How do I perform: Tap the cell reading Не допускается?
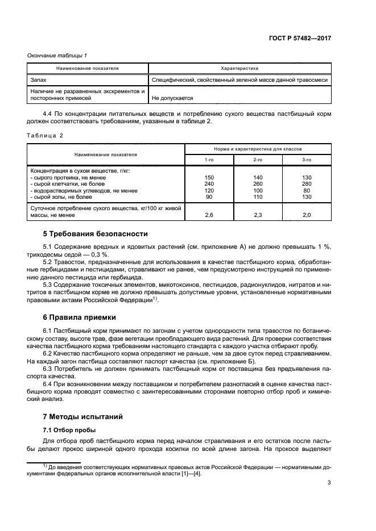pyautogui.click(x=172, y=98)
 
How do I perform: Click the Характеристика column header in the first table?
pyautogui.click(x=239, y=68)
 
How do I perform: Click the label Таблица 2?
pyautogui.click(x=45, y=135)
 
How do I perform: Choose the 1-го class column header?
pyautogui.click(x=209, y=160)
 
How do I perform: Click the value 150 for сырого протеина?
pyautogui.click(x=209, y=178)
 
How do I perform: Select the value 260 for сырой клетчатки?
pyautogui.click(x=258, y=184)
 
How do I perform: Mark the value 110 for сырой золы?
pyautogui.click(x=258, y=196)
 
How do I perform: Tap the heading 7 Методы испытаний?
pyautogui.click(x=79, y=416)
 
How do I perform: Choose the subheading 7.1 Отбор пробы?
pyautogui.click(x=69, y=430)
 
